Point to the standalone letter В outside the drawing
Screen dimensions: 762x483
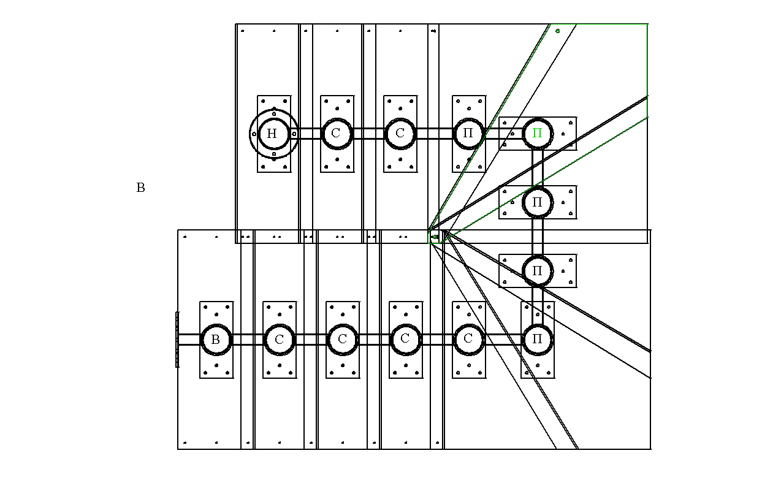[140, 188]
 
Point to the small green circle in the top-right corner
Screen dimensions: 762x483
[557, 31]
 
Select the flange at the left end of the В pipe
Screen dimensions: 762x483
[177, 340]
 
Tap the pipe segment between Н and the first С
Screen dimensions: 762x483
[305, 134]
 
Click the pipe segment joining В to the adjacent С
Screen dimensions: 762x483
[248, 340]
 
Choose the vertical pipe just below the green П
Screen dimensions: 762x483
[538, 168]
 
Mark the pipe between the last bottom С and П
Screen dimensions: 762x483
[503, 340]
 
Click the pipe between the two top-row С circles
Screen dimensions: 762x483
[369, 134]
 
